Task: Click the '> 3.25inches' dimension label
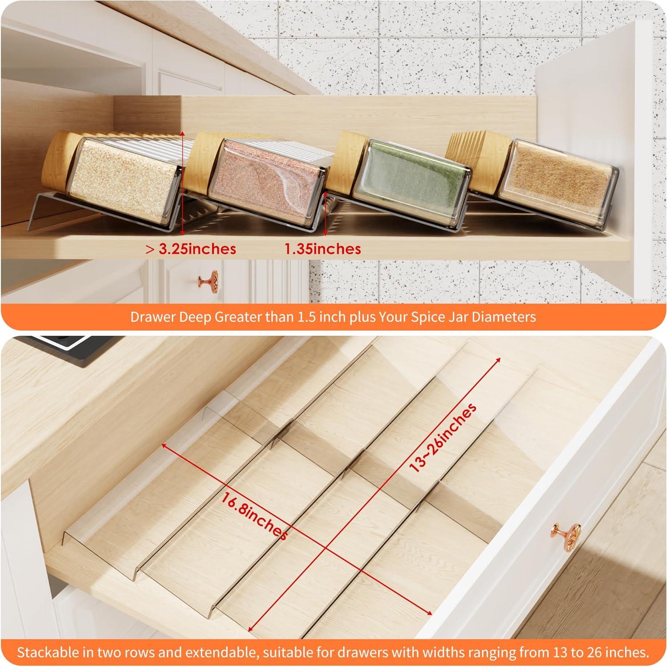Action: (x=191, y=248)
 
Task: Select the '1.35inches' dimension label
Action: (x=323, y=248)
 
